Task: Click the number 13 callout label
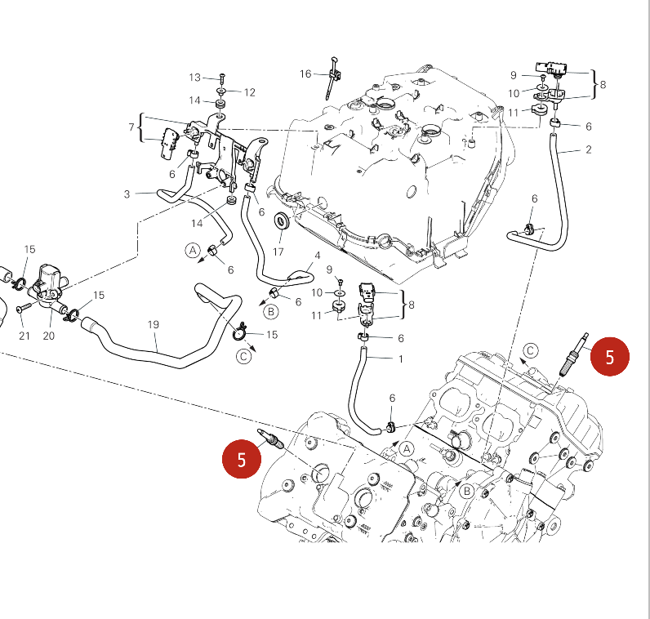[x=194, y=78]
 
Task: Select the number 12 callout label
[x=249, y=92]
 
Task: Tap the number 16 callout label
[x=305, y=74]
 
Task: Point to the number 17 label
[x=278, y=252]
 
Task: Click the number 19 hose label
[x=153, y=325]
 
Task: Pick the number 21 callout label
[x=24, y=336]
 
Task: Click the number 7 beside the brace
[x=131, y=127]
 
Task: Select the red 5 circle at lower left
[x=242, y=459]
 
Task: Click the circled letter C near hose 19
[x=244, y=355]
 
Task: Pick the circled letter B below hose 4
[x=271, y=311]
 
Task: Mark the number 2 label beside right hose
[x=588, y=149]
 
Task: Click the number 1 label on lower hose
[x=400, y=358]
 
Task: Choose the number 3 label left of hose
[x=127, y=194]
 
